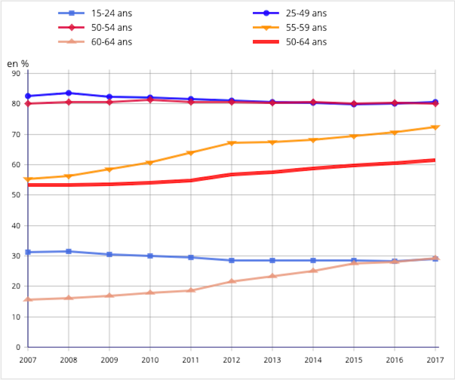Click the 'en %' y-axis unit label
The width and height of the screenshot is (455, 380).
click(18, 63)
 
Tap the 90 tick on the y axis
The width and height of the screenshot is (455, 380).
click(16, 74)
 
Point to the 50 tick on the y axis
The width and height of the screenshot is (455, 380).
click(16, 195)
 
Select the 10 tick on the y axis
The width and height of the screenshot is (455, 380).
click(16, 317)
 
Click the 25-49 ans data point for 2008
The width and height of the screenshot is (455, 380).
click(68, 93)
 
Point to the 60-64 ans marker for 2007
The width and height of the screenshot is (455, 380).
click(28, 299)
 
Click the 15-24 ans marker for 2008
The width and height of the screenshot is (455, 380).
click(68, 251)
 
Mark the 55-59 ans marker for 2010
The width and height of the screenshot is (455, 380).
click(150, 163)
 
